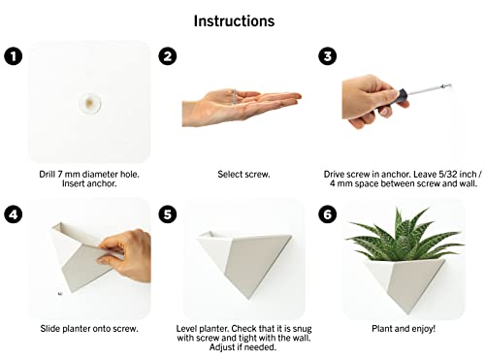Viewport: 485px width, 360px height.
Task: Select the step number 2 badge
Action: (x=168, y=56)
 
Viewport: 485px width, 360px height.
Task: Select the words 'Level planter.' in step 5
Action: (x=210, y=329)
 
